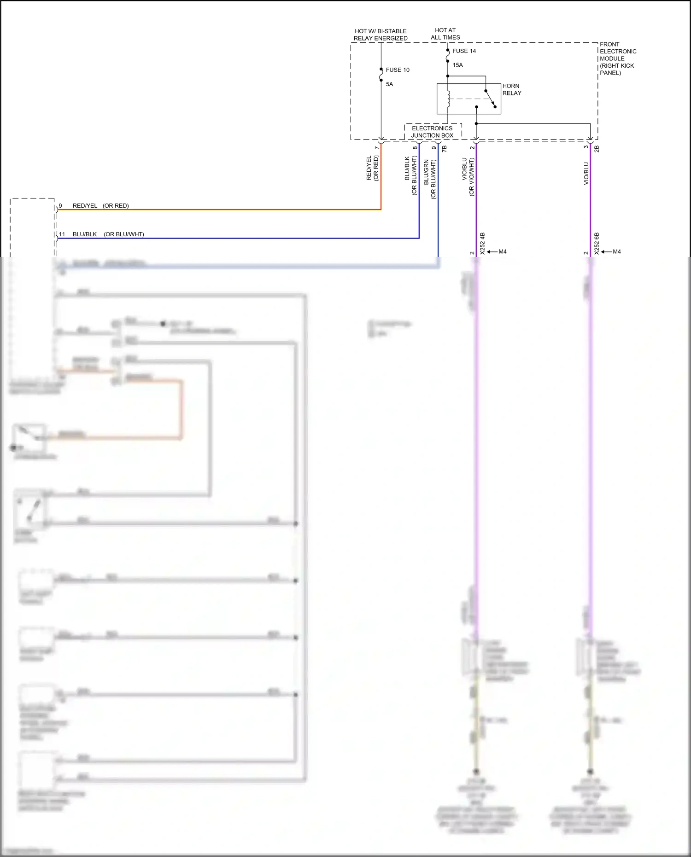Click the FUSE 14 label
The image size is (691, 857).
click(x=464, y=51)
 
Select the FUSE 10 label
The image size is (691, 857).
click(x=398, y=70)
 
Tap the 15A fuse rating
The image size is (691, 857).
click(x=457, y=65)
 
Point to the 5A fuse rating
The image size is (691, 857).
click(x=389, y=84)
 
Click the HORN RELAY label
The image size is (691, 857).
click(x=511, y=90)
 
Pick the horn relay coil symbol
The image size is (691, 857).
click(x=448, y=99)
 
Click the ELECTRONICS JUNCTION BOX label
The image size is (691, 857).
click(x=432, y=132)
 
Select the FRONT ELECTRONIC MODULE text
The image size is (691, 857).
click(x=617, y=58)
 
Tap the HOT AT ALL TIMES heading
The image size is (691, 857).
click(x=445, y=34)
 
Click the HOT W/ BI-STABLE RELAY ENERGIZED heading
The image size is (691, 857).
click(x=381, y=35)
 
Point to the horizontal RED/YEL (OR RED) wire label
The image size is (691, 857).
click(x=100, y=206)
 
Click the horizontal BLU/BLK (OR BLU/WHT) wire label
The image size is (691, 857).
click(x=108, y=234)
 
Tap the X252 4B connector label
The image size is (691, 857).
click(x=482, y=243)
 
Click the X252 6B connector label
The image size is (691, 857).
click(x=597, y=243)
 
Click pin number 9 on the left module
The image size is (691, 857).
click(x=60, y=206)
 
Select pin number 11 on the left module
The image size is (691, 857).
click(x=62, y=234)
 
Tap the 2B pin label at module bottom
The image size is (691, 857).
click(x=597, y=149)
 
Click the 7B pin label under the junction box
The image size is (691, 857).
click(x=444, y=149)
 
